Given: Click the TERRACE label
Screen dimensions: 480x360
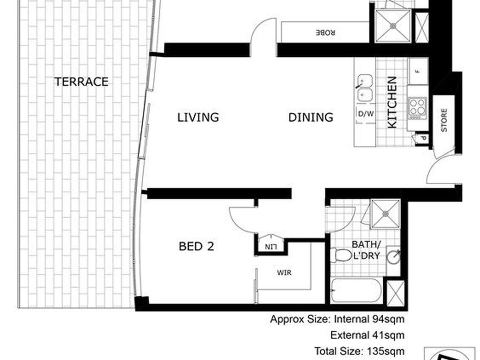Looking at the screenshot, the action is [81, 82].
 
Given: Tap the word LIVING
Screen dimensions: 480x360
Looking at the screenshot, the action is [198, 117].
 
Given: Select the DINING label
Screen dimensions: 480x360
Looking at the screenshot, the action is [311, 117].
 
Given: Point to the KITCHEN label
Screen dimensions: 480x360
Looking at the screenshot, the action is [392, 102].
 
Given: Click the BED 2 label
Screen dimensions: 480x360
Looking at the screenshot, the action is [196, 246].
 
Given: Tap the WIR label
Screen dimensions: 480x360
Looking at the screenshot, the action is [284, 272].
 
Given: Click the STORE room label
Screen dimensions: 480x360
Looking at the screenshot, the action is [444, 120].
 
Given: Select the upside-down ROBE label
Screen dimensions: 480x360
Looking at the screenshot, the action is [325, 33].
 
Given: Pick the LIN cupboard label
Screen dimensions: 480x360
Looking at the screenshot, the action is [271, 247].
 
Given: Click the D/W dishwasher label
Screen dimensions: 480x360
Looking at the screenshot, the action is [366, 114].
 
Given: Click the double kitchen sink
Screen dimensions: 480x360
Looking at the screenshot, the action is [365, 88].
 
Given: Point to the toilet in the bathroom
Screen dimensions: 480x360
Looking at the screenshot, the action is [340, 255].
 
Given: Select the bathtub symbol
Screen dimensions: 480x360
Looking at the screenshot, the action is [356, 290].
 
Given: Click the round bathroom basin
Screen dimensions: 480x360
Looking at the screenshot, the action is [393, 257].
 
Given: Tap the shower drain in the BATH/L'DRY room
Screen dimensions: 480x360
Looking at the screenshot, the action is [386, 213].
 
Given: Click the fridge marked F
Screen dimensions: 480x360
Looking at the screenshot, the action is [418, 71].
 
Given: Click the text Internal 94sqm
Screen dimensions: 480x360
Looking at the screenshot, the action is [369, 319].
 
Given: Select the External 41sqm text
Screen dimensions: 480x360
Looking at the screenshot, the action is [367, 335].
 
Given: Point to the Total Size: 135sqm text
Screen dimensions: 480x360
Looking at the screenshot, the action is [360, 351].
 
